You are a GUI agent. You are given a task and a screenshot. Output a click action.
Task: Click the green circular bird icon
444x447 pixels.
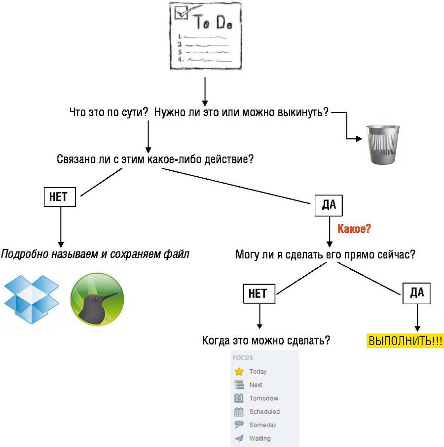click(x=97, y=299)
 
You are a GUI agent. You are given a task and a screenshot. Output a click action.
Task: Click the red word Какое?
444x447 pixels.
click(x=354, y=229)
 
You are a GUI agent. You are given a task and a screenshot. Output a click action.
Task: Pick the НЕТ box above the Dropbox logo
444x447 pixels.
click(x=61, y=197)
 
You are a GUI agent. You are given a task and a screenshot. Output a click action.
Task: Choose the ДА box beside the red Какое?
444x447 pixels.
click(x=329, y=205)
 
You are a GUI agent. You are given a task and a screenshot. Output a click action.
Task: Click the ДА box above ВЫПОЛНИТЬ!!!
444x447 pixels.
click(x=417, y=293)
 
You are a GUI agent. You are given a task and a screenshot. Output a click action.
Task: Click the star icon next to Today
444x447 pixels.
click(x=240, y=372)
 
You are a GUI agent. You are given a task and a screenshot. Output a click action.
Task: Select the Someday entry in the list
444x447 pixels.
click(x=262, y=425)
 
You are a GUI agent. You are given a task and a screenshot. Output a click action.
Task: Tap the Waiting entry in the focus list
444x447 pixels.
click(x=259, y=438)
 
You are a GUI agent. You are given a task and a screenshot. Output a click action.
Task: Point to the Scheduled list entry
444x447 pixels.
click(x=264, y=412)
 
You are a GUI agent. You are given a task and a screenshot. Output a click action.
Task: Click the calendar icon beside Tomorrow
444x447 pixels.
click(x=240, y=398)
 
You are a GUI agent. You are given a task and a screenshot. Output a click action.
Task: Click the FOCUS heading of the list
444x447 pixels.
click(x=243, y=358)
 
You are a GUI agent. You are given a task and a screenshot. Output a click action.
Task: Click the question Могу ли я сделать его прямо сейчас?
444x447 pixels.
click(x=325, y=255)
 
